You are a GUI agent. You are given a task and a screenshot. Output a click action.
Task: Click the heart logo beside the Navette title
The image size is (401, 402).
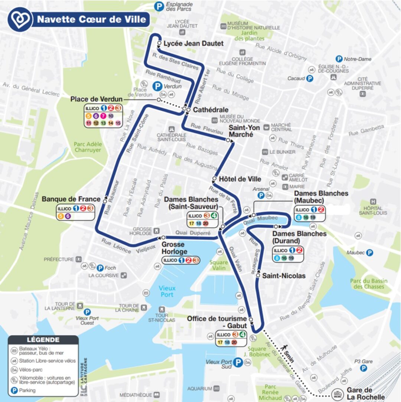[x=19, y=19]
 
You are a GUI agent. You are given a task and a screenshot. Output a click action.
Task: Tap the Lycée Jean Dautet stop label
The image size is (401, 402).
[x=193, y=43]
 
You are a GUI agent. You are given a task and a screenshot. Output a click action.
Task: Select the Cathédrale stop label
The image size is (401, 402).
[x=210, y=110]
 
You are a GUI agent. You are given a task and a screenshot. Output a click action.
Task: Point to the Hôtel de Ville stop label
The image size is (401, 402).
[x=239, y=179]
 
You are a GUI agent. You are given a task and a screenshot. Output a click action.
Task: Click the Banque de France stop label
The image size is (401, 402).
[x=71, y=199]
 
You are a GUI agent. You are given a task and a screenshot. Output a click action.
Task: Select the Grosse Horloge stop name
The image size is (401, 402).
[x=173, y=248]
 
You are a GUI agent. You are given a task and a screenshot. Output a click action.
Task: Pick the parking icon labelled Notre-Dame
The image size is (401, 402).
[x=339, y=59]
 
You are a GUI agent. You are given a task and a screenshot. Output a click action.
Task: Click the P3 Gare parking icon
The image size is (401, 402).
[x=364, y=368]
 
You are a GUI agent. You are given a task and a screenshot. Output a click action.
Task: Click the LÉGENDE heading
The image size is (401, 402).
[x=43, y=340]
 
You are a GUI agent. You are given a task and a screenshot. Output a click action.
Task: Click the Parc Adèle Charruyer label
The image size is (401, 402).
[x=88, y=147]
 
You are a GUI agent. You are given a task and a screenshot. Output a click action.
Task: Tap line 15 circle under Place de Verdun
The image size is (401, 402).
[x=118, y=123]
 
